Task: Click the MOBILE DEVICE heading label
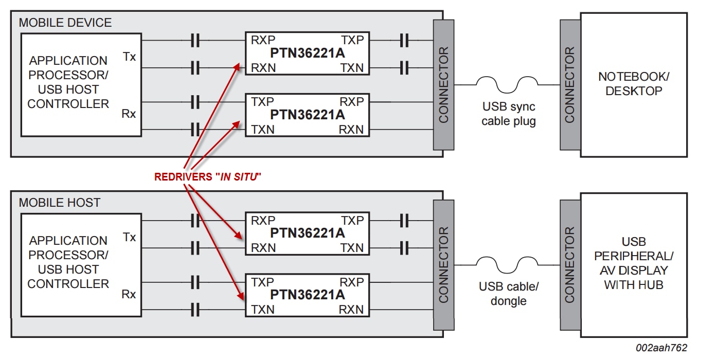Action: click(x=65, y=23)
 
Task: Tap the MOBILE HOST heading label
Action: click(x=59, y=203)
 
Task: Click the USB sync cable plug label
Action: click(x=508, y=114)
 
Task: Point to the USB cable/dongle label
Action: click(x=508, y=294)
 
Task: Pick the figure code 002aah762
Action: click(x=661, y=348)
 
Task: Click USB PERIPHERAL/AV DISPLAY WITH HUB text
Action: click(x=633, y=263)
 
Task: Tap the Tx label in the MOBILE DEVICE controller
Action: click(x=130, y=57)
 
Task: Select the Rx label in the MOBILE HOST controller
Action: click(x=129, y=294)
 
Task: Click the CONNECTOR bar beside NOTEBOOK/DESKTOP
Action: click(x=569, y=85)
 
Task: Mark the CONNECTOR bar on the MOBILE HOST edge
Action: click(x=443, y=265)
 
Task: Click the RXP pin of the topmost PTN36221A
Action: click(x=263, y=40)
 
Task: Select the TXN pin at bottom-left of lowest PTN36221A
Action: click(x=263, y=309)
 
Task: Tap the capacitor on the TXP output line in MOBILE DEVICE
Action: click(x=404, y=40)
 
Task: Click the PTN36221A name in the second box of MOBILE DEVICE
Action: click(x=307, y=114)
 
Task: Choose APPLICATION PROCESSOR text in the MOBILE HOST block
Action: click(x=68, y=247)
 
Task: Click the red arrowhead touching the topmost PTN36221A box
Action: click(x=238, y=66)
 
